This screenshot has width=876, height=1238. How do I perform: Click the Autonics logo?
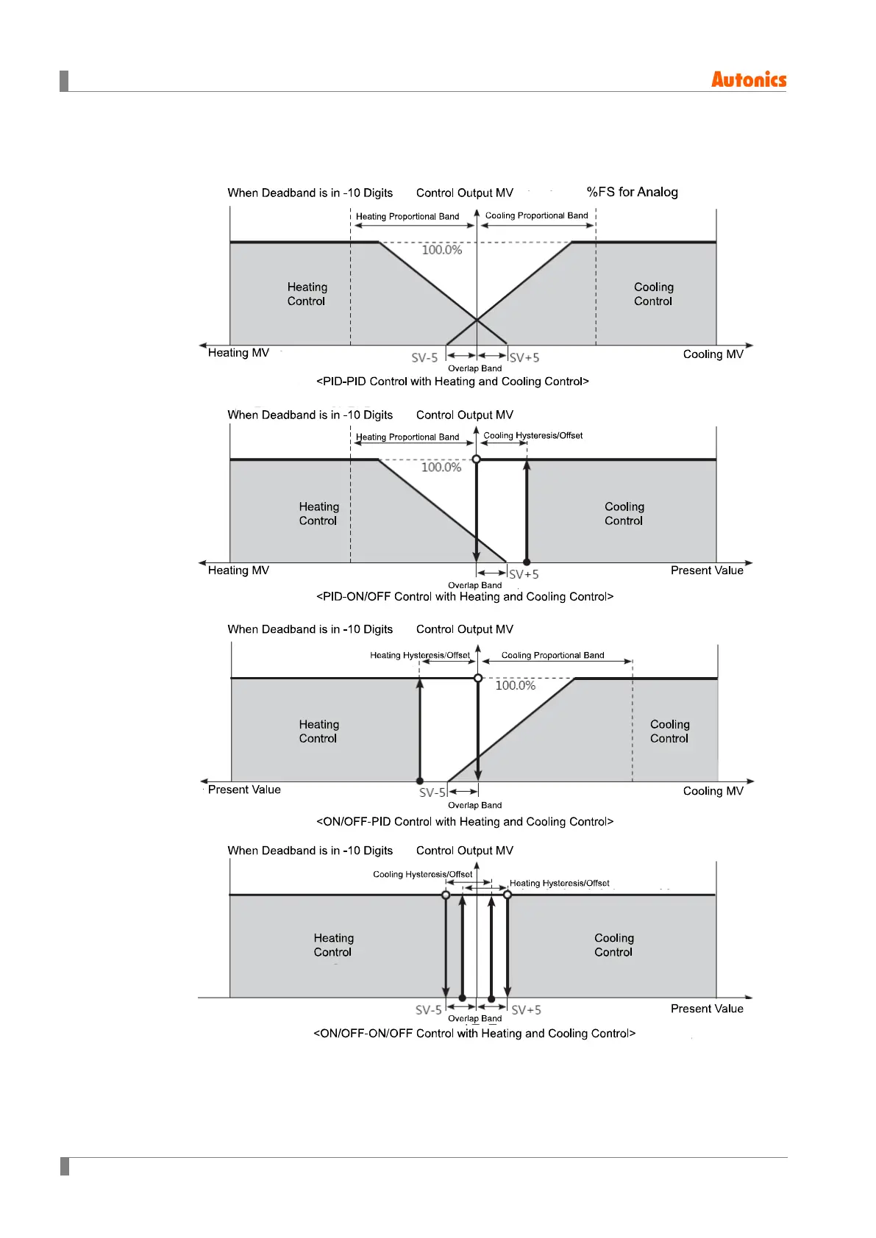[x=748, y=79]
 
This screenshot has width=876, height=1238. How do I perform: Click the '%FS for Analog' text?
[x=632, y=192]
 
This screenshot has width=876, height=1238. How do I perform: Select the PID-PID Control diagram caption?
[x=452, y=382]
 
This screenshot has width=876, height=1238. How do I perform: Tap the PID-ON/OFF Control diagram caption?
[x=464, y=597]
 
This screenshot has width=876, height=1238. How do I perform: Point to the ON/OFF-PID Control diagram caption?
[x=464, y=822]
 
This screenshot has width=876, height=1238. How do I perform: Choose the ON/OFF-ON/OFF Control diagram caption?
[x=474, y=1034]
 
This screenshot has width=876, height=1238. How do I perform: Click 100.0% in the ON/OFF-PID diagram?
[x=515, y=686]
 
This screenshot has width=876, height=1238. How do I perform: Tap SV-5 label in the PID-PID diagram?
[x=424, y=358]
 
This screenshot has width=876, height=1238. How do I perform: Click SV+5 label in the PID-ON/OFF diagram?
[x=524, y=574]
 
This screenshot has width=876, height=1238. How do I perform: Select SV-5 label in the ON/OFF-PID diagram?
[x=432, y=792]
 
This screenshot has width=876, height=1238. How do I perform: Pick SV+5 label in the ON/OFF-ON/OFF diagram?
[x=526, y=1010]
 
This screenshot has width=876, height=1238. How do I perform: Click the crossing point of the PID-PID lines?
[x=477, y=320]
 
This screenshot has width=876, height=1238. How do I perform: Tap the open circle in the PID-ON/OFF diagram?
[x=477, y=459]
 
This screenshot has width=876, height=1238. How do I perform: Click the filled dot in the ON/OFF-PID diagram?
[x=420, y=781]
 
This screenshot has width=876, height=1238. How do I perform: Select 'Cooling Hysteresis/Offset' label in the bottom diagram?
[x=422, y=874]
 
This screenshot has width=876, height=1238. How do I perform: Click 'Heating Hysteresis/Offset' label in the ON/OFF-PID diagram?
[x=419, y=655]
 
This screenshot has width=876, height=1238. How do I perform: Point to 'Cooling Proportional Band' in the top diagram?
[x=536, y=215]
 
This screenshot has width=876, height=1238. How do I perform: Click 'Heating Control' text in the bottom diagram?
[x=333, y=945]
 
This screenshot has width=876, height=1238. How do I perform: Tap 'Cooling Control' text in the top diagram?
[x=653, y=294]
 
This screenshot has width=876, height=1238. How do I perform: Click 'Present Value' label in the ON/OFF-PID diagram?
[x=244, y=790]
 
